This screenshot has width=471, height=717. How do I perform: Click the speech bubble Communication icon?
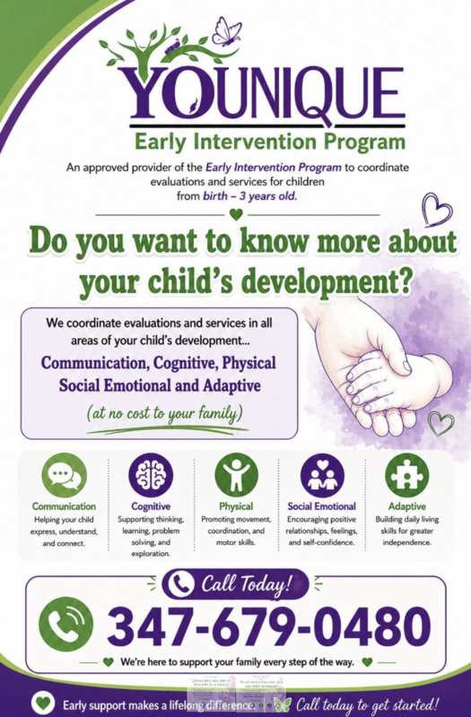(64, 476)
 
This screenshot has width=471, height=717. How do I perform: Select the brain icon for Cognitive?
(150, 476)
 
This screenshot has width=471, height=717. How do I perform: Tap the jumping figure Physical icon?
(236, 476)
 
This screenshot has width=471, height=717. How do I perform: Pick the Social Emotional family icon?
(321, 476)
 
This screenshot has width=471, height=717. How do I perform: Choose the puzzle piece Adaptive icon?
(406, 476)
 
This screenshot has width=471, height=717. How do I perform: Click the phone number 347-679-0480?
(268, 626)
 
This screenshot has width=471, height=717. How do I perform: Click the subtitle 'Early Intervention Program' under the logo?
(269, 142)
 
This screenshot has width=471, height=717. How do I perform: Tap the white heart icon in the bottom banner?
(42, 704)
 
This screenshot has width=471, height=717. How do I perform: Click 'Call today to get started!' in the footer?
(368, 704)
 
